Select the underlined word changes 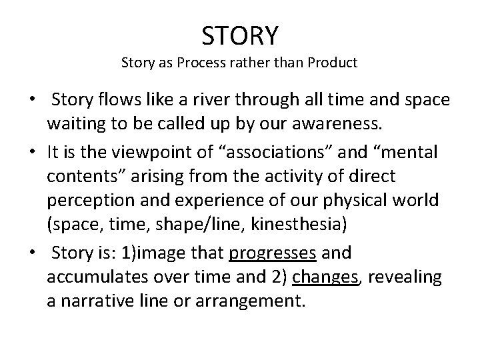click(325, 278)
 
